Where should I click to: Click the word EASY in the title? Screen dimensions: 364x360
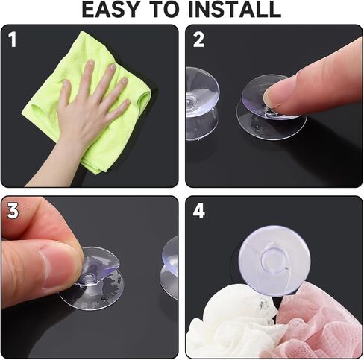[110, 10]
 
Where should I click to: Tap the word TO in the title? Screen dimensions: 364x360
[165, 10]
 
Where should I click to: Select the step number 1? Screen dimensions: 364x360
[13, 40]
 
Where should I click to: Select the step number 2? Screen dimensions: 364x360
[198, 40]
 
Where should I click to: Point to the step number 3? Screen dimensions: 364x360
[13, 211]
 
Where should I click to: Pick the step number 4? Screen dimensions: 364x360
[199, 211]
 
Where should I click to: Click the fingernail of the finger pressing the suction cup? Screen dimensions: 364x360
[271, 98]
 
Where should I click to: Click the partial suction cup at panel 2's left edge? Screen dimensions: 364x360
[202, 103]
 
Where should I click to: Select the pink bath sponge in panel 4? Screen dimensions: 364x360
[321, 323]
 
